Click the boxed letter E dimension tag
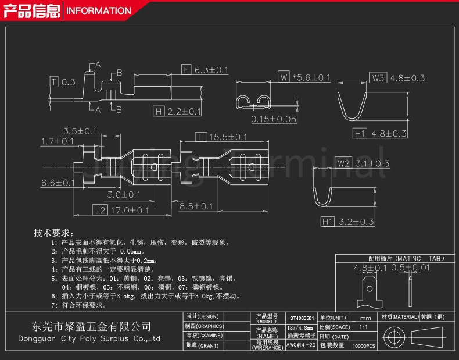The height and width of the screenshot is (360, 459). click(x=187, y=70)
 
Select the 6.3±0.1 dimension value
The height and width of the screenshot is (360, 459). click(x=211, y=70)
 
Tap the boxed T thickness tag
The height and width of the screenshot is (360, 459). click(x=53, y=82)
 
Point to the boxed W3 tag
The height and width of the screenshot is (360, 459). click(x=378, y=78)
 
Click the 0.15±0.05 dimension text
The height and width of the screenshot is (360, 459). click(x=274, y=119)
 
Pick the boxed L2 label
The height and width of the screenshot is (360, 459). click(x=100, y=210)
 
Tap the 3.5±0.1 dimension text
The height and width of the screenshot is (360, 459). click(x=80, y=131)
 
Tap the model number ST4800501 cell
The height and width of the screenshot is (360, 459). click(x=302, y=319)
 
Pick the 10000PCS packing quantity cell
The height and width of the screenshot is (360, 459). click(x=364, y=345)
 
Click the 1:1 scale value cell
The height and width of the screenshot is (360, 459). click(x=364, y=327)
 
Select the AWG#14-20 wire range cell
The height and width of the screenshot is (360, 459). click(x=302, y=345)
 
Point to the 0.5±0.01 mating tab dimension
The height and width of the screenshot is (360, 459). click(x=410, y=268)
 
